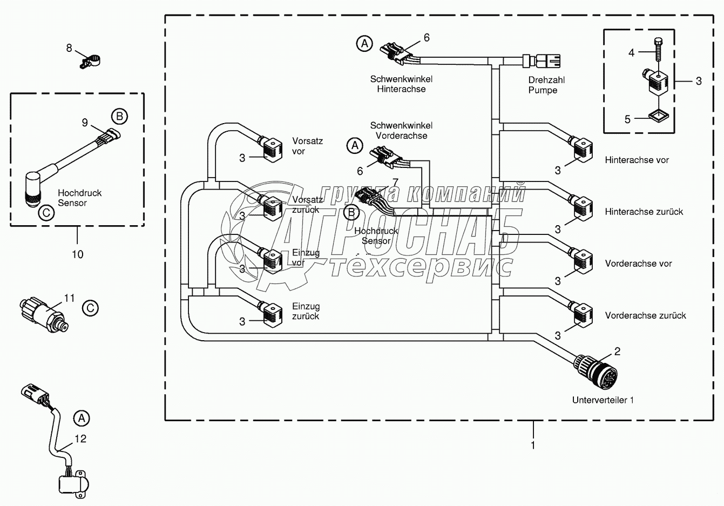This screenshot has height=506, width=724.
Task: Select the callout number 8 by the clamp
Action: point(69,49)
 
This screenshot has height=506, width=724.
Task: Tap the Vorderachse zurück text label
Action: point(645,315)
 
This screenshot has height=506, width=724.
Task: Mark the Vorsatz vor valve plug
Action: point(273,149)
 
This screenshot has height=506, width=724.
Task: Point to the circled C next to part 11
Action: point(90,308)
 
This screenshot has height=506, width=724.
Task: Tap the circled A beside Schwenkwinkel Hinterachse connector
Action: point(365,43)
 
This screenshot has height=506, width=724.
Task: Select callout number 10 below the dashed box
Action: point(77,254)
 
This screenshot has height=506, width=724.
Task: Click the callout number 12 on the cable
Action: point(80,438)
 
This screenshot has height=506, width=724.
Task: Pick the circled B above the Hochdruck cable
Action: point(119,116)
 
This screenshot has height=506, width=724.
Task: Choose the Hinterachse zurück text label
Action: point(644,212)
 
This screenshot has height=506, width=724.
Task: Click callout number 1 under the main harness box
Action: point(533,446)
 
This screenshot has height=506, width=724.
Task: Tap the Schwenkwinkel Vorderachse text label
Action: point(401,131)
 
